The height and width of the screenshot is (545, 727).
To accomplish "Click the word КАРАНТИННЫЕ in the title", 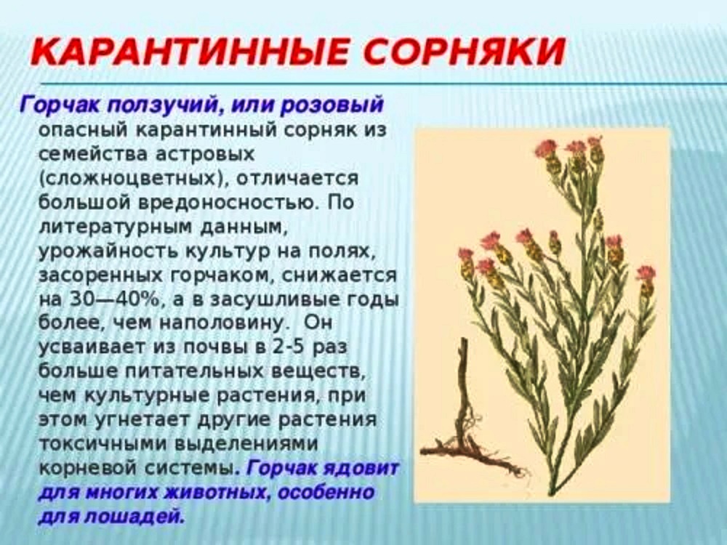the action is click(189, 51).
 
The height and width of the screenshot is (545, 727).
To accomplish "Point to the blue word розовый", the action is click(333, 105).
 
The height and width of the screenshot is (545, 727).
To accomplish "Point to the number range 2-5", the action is click(286, 347).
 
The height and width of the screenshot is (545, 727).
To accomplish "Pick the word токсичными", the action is click(103, 443).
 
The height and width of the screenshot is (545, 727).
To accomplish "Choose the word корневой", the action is click(88, 467).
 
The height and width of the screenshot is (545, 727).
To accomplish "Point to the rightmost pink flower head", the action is click(646, 272).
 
